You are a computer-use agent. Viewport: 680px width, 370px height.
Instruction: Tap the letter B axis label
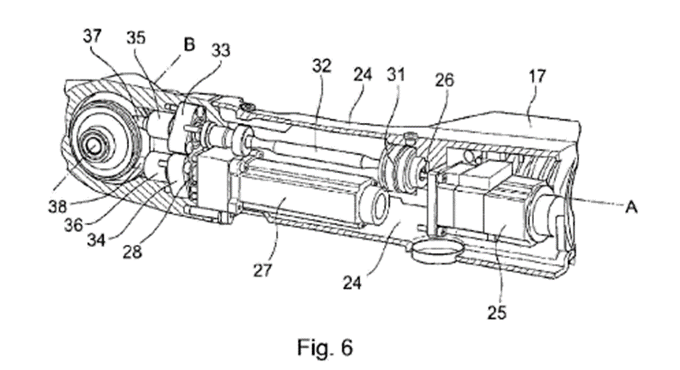click(190, 45)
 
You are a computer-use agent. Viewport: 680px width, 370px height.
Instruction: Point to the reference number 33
click(222, 50)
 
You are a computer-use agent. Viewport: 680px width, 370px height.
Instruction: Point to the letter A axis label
click(631, 208)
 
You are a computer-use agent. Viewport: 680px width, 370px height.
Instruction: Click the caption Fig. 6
click(324, 347)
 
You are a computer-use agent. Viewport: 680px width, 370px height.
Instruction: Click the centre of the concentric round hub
click(95, 144)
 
